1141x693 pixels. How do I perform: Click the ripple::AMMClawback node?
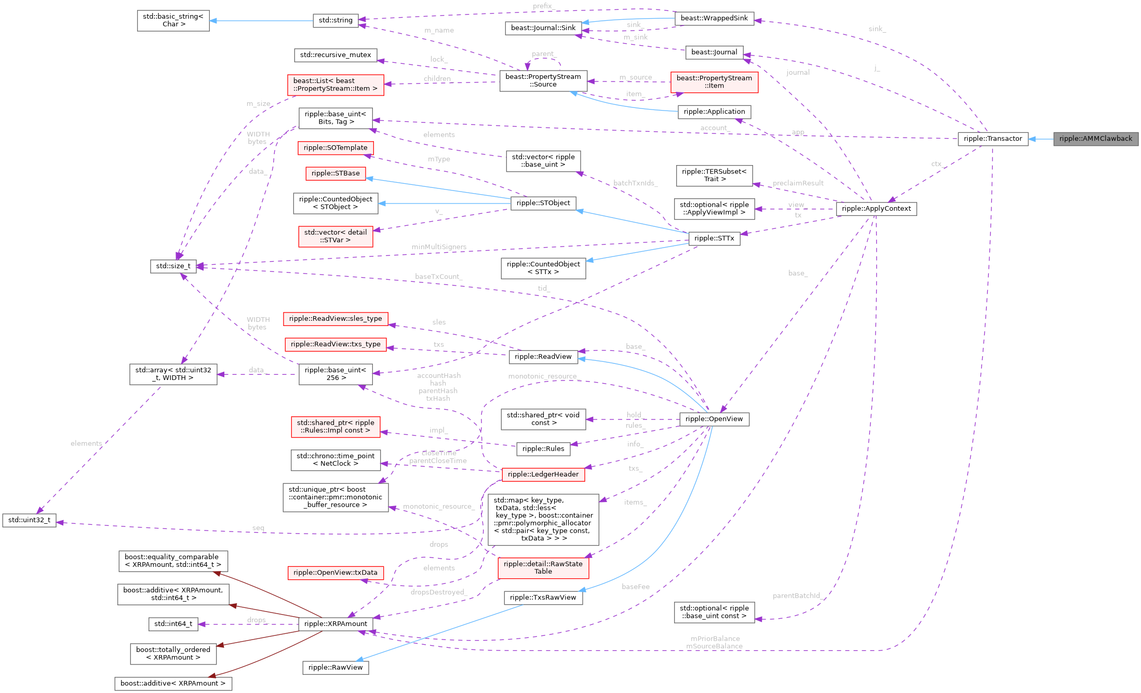click(1095, 139)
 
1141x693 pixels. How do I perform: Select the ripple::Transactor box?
click(992, 139)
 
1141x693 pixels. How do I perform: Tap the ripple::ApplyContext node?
click(876, 209)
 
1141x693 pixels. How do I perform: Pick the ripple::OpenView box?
click(714, 419)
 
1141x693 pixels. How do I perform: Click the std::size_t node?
click(173, 266)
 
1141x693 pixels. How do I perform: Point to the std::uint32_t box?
click(29, 520)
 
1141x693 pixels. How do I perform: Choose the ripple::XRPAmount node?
click(335, 624)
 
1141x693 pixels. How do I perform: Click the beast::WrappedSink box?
click(714, 18)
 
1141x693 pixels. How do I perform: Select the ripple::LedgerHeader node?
click(543, 474)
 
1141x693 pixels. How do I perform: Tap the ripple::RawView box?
click(335, 668)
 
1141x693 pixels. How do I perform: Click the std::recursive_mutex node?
click(335, 55)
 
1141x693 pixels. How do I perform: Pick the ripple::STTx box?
click(714, 238)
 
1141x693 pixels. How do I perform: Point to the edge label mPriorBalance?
click(715, 638)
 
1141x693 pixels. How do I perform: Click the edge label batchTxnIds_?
click(635, 183)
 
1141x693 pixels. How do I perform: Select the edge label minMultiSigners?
click(439, 247)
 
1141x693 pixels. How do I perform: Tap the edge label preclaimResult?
click(798, 183)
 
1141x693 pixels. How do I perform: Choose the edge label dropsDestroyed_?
click(439, 592)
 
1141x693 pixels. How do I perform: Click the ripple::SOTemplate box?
click(335, 148)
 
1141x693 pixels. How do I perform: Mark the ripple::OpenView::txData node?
click(335, 573)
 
